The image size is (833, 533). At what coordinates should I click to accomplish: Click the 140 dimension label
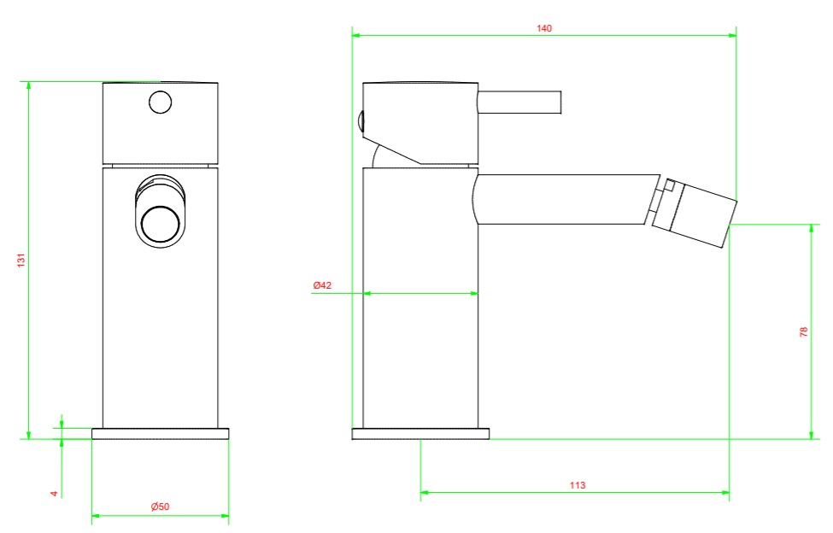pyautogui.click(x=544, y=28)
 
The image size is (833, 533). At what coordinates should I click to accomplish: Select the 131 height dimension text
pyautogui.click(x=21, y=261)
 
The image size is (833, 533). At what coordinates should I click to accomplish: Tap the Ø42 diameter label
pyautogui.click(x=322, y=285)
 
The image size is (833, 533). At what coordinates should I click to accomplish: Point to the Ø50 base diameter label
pyautogui.click(x=160, y=507)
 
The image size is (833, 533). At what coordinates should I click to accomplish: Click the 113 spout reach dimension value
pyautogui.click(x=578, y=484)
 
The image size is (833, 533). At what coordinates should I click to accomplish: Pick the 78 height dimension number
pyautogui.click(x=804, y=331)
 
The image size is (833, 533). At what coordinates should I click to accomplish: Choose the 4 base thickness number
pyautogui.click(x=54, y=494)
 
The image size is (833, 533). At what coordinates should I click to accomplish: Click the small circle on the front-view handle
pyautogui.click(x=161, y=102)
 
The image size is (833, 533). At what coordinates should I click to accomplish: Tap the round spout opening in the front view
pyautogui.click(x=160, y=224)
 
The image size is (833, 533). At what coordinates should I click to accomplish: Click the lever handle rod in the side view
pyautogui.click(x=519, y=102)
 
